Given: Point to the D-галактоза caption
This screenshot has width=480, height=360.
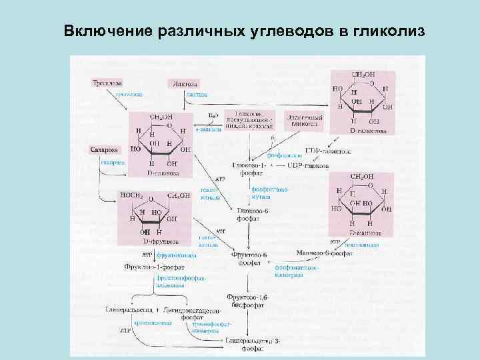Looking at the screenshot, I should [x=365, y=131].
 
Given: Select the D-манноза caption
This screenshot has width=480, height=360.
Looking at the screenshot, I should [x=364, y=233].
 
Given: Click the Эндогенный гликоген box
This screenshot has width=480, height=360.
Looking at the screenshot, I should [x=304, y=120].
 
